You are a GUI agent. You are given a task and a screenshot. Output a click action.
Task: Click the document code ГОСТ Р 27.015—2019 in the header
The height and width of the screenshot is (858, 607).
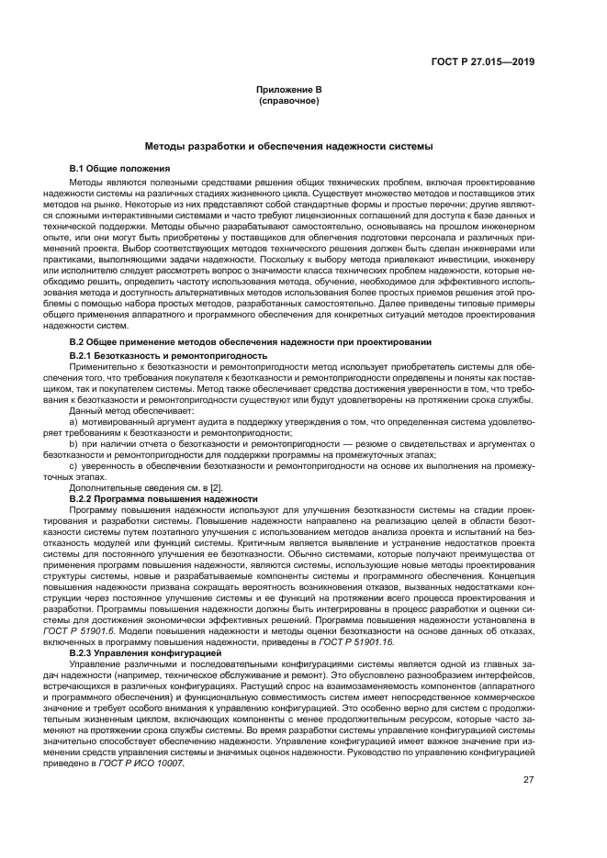click(x=487, y=61)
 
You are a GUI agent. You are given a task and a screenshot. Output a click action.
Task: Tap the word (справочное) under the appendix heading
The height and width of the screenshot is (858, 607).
click(x=288, y=101)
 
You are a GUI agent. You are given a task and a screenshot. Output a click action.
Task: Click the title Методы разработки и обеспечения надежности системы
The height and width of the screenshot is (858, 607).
click(x=288, y=146)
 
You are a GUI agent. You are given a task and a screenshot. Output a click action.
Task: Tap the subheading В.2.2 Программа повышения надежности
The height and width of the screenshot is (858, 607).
click(x=163, y=498)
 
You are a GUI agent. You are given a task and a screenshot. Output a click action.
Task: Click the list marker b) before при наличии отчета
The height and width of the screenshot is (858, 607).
click(x=74, y=442)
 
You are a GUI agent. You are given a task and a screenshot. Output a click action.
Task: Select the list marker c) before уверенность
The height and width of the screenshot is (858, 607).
click(x=74, y=465)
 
